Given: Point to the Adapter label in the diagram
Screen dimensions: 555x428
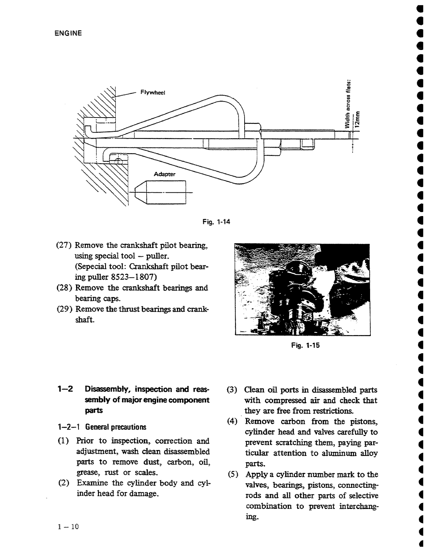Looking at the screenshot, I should coord(164,174).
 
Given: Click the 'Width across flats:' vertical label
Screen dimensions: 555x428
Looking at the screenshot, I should coord(348,104).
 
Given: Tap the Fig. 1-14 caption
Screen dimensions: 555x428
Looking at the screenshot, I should coord(216,222).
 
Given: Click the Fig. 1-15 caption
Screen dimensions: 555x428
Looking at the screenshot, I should coord(305,346).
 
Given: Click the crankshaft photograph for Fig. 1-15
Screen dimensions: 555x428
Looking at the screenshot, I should coord(302,289).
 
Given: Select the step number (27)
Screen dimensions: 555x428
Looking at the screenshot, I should coord(65,246).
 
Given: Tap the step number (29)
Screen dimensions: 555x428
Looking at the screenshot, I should coord(65,309).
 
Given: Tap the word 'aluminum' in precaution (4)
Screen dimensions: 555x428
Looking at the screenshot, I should coord(339,453).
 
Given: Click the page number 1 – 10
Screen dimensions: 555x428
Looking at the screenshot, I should coord(68,527).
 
